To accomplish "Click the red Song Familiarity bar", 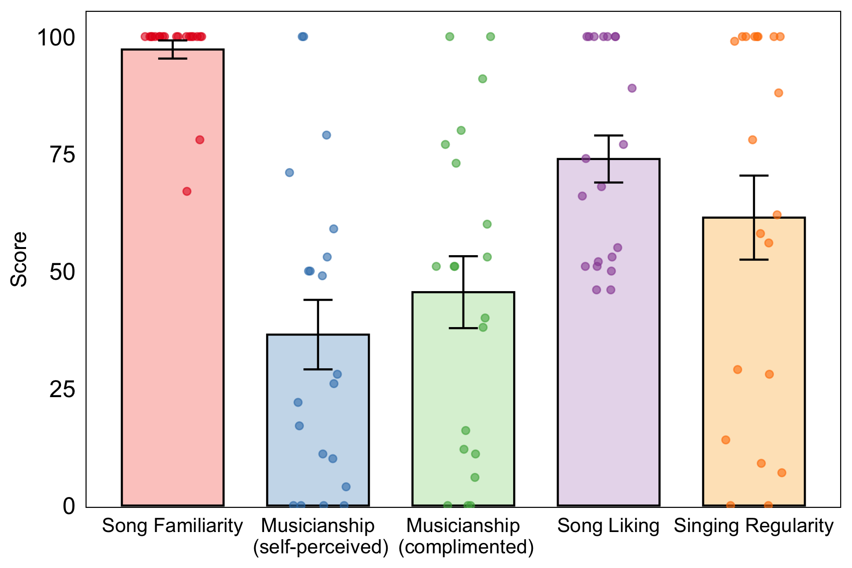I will [x=172, y=284].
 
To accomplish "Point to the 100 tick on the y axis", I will [x=56, y=37].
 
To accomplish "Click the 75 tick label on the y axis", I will [x=62, y=155].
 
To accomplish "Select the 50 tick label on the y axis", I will [x=62, y=272].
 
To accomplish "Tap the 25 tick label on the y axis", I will [x=62, y=390].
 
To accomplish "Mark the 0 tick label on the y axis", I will [x=69, y=506].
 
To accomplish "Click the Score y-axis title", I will [x=19, y=259].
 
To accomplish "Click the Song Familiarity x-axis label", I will [x=172, y=526].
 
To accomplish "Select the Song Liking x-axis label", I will [x=608, y=526].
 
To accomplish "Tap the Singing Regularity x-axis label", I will [x=754, y=526].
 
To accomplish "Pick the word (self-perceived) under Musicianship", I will [x=320, y=547].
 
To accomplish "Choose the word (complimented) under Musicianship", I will [x=466, y=547].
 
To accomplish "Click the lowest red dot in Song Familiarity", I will [x=187, y=191].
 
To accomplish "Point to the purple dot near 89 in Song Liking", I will [x=632, y=88].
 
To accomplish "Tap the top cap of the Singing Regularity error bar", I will [x=754, y=176].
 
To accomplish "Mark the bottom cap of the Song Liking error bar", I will [x=608, y=182].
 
